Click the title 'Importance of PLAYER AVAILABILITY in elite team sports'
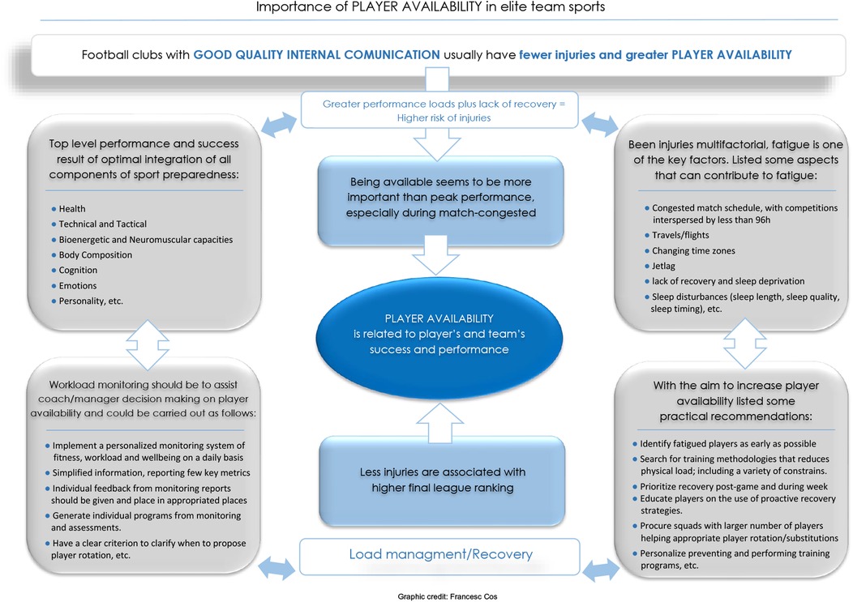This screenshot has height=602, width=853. [429, 8]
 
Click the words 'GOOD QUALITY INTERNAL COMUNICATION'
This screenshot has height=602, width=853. [317, 56]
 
